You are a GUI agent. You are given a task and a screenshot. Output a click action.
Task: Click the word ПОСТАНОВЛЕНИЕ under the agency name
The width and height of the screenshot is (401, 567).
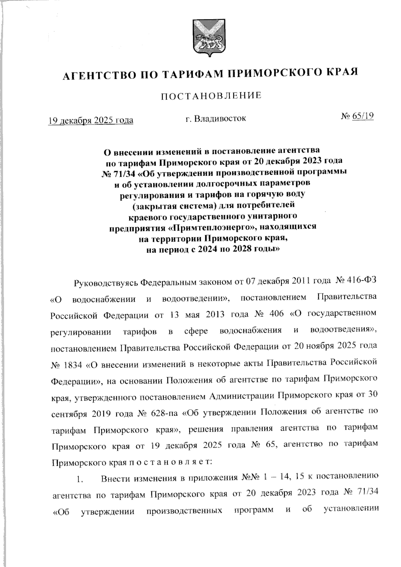pyautogui.click(x=211, y=96)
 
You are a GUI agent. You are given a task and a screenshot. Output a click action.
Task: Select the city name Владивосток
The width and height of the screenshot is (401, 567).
pyautogui.click(x=216, y=118)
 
